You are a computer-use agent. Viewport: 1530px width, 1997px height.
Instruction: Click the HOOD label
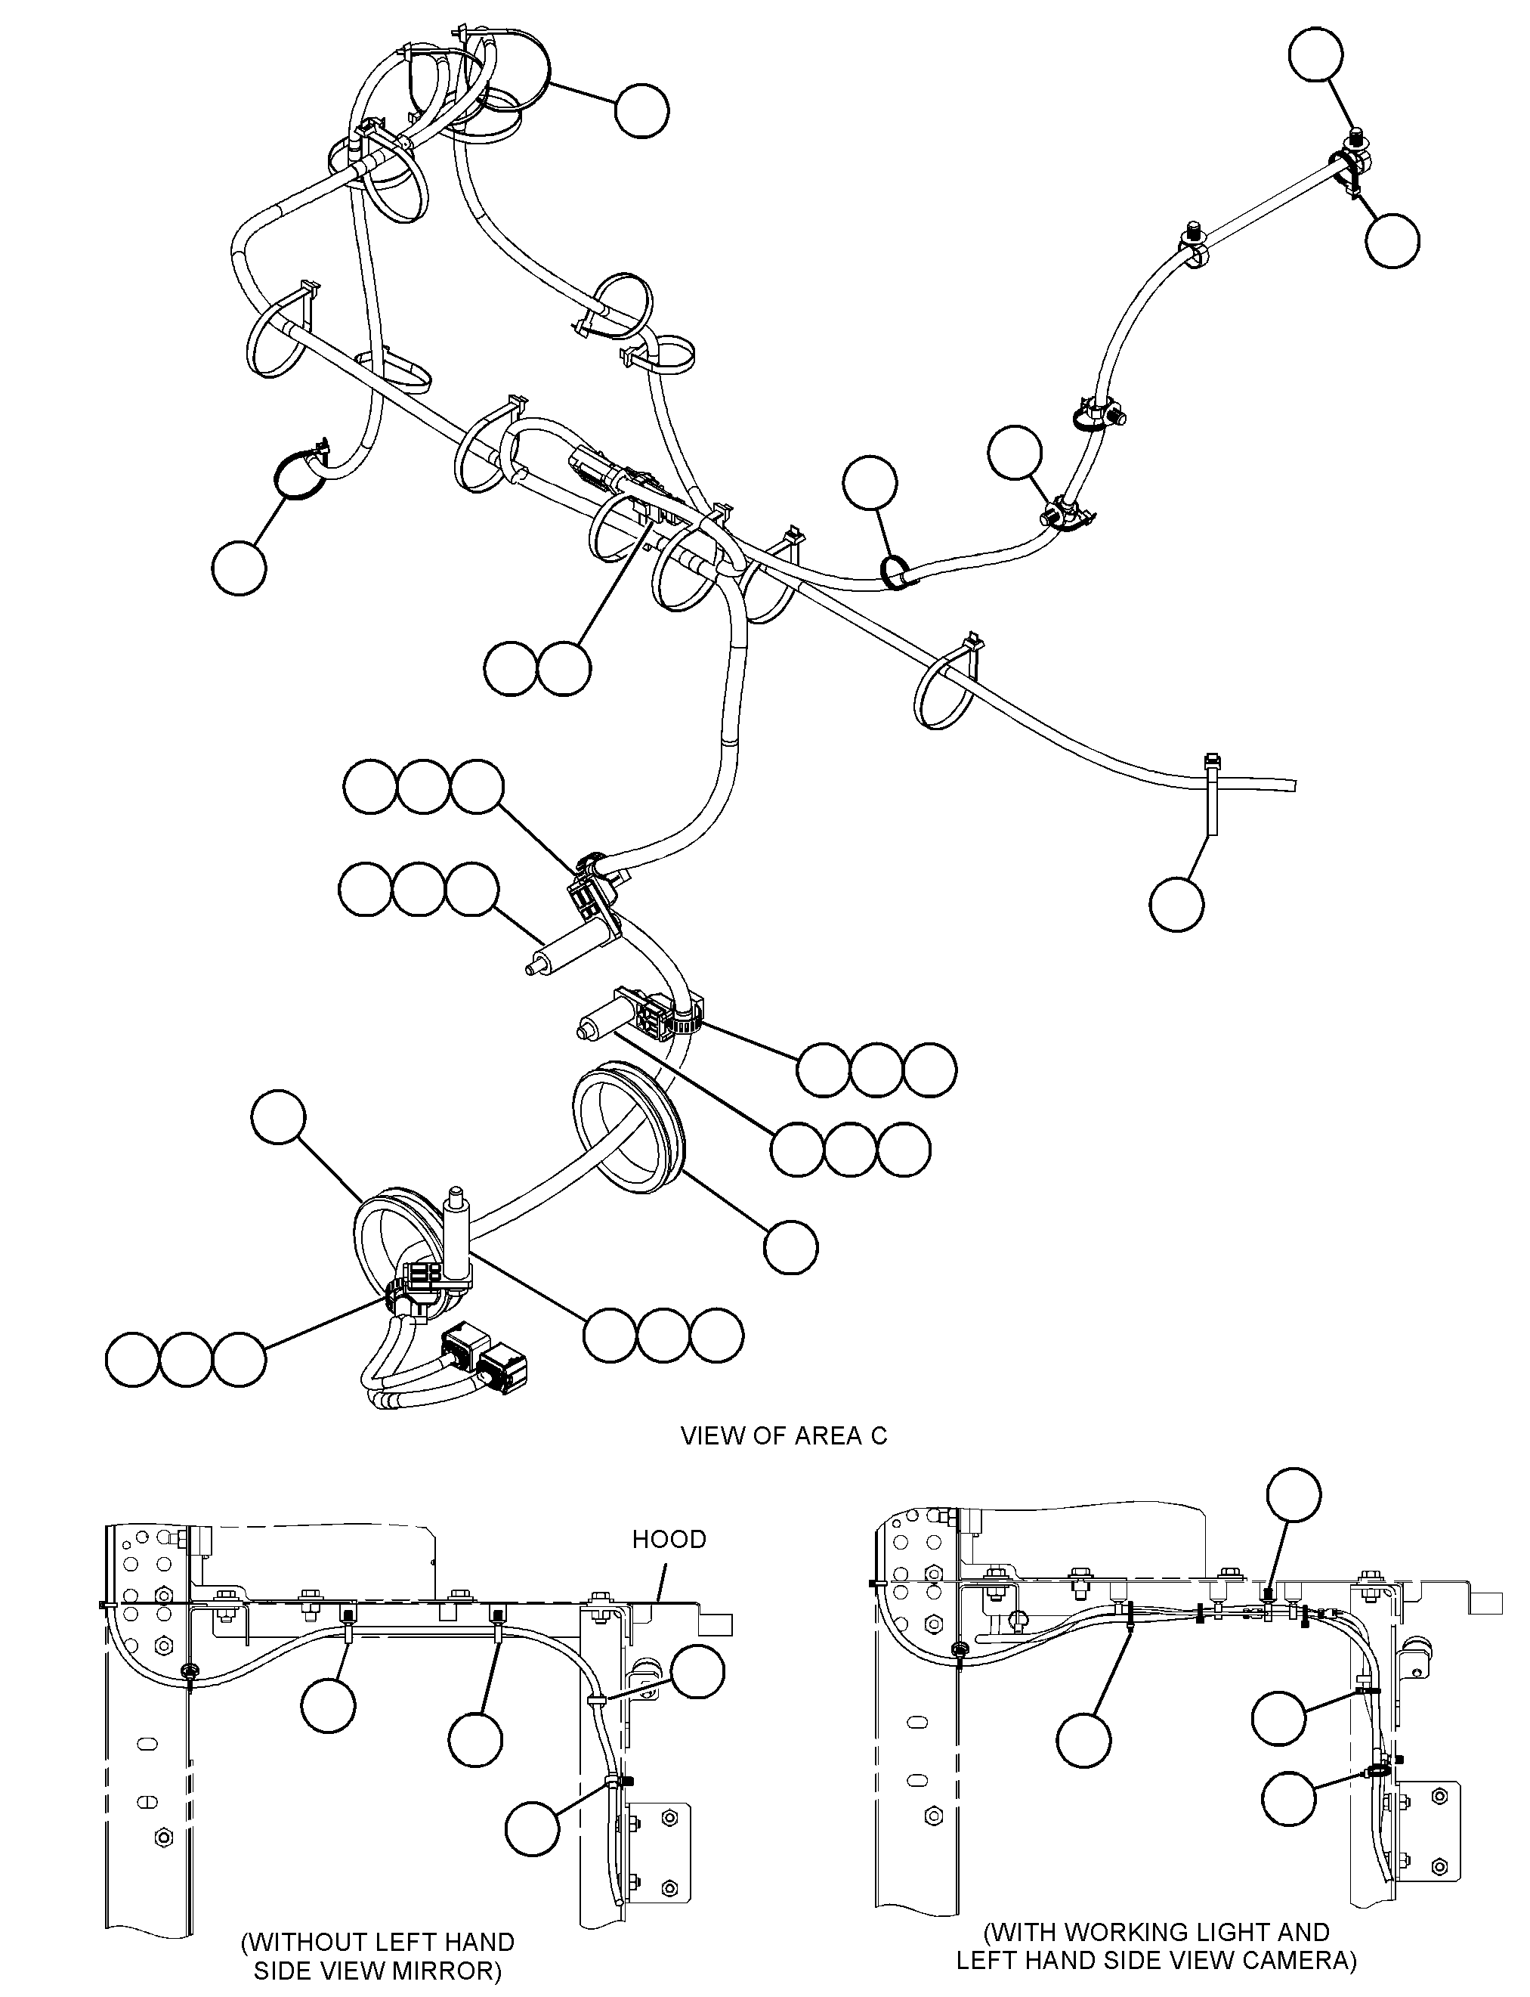(669, 1540)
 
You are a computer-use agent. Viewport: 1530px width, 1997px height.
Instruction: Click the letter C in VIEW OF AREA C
(878, 1436)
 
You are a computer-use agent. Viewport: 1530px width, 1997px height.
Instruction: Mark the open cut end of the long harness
(1294, 785)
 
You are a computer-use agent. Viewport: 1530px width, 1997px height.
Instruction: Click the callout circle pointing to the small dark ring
(870, 482)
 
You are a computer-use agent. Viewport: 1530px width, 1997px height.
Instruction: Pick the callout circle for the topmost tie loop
(642, 111)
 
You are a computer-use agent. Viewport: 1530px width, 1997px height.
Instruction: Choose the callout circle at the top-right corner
(1316, 54)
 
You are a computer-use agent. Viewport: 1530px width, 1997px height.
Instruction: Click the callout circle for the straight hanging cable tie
(1176, 904)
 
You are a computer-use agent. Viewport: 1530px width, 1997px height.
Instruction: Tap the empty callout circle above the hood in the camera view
(1295, 1496)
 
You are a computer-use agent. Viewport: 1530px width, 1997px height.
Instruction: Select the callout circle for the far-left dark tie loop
(239, 568)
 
